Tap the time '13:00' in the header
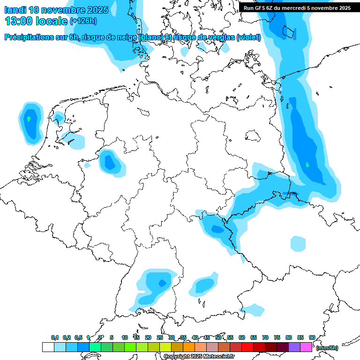(x=19, y=21)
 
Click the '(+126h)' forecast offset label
(x=83, y=21)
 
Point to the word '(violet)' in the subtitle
(x=248, y=37)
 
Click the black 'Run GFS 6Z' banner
(x=297, y=7)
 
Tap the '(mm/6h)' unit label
(x=327, y=348)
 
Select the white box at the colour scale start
(x=48, y=347)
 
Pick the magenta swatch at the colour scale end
(x=306, y=347)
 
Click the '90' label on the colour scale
(x=312, y=337)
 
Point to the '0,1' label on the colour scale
(x=55, y=337)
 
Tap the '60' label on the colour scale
(x=242, y=337)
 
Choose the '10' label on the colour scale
(x=125, y=337)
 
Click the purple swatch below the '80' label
(x=294, y=347)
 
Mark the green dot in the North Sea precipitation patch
(x=29, y=119)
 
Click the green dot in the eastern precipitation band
(x=307, y=165)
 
